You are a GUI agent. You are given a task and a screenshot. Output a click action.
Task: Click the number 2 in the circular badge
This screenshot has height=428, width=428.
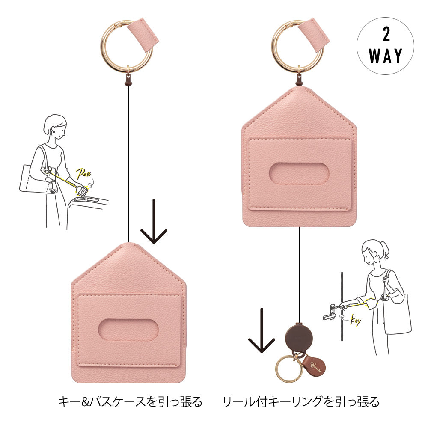pyautogui.click(x=386, y=35)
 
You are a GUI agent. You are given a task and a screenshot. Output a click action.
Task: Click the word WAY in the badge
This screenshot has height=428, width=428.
pyautogui.click(x=386, y=56)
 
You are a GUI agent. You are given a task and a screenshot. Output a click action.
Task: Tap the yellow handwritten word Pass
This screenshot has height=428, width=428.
pyautogui.click(x=83, y=174)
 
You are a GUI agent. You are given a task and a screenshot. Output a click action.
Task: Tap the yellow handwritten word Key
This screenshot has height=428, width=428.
pyautogui.click(x=356, y=321)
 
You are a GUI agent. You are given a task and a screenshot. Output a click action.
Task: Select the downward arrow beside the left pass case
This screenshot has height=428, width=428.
pyautogui.click(x=154, y=221)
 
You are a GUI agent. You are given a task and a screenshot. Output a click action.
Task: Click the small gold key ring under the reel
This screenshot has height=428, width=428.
pyautogui.click(x=276, y=369)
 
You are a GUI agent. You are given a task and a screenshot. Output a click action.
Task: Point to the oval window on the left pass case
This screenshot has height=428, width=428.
pyautogui.click(x=128, y=330)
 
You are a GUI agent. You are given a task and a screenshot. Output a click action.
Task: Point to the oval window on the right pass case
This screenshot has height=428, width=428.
pyautogui.click(x=299, y=174)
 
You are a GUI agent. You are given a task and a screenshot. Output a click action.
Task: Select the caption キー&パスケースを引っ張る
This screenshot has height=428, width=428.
pyautogui.click(x=130, y=401)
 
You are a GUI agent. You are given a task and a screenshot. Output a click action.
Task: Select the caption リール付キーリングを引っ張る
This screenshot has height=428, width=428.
pyautogui.click(x=301, y=401)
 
